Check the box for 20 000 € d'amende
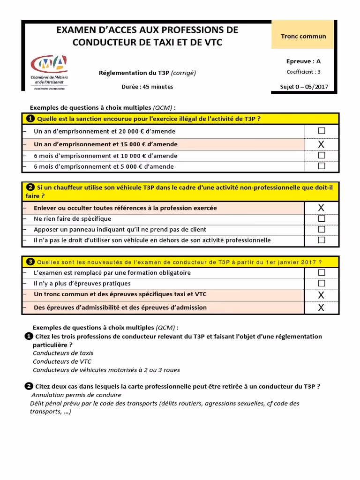pyautogui.click(x=321, y=131)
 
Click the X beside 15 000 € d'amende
pyautogui.click(x=321, y=144)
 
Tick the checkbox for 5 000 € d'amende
pyautogui.click(x=321, y=166)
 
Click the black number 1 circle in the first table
pyautogui.click(x=30, y=119)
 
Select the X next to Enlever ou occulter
pyautogui.click(x=321, y=208)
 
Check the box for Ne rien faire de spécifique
pyautogui.click(x=321, y=218)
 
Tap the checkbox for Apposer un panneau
pyautogui.click(x=321, y=229)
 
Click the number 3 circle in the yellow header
pyautogui.click(x=30, y=262)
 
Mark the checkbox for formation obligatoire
pyautogui.click(x=321, y=272)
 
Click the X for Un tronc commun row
pyautogui.click(x=321, y=295)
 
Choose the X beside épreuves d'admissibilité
pyautogui.click(x=321, y=307)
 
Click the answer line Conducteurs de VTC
pyautogui.click(x=62, y=361)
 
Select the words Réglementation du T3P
pyautogui.click(x=134, y=73)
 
